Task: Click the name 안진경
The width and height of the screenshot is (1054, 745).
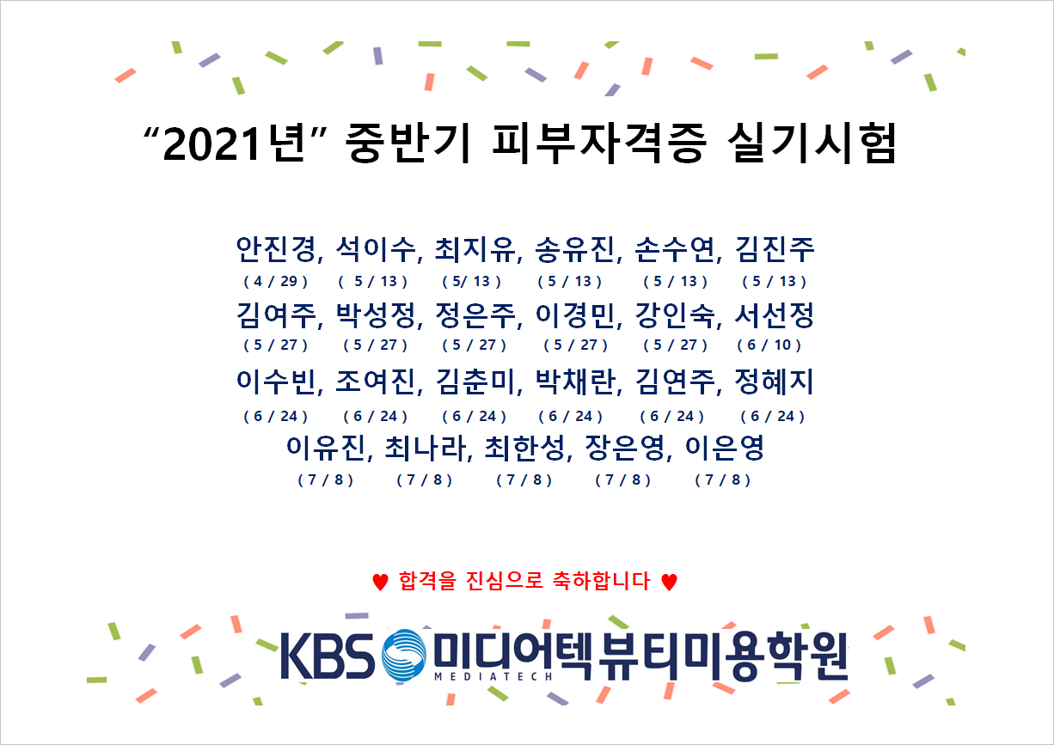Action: pyautogui.click(x=276, y=249)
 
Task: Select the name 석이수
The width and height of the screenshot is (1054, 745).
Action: pyautogui.click(x=376, y=249)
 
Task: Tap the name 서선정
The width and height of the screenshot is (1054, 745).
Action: pyautogui.click(x=774, y=315)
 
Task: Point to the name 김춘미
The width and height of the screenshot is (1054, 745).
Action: pyautogui.click(x=475, y=382)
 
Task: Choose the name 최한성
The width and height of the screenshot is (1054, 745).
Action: pyautogui.click(x=524, y=448)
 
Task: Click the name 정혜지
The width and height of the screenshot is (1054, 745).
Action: pyautogui.click(x=774, y=382)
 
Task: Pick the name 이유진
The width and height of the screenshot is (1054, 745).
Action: pyautogui.click(x=326, y=448)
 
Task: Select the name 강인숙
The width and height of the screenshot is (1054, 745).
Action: pyautogui.click(x=675, y=315)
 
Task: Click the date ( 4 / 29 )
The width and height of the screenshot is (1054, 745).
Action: pyautogui.click(x=276, y=281)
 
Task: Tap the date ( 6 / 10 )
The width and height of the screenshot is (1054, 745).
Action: pyautogui.click(x=769, y=345)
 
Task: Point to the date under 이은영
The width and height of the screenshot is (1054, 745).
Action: pyautogui.click(x=723, y=480)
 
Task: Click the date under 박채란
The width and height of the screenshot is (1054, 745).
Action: pyautogui.click(x=570, y=416)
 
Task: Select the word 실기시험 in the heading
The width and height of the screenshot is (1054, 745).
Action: pyautogui.click(x=812, y=143)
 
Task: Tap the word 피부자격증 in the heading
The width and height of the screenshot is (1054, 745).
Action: pyautogui.click(x=598, y=143)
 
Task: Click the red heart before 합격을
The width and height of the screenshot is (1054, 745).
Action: pyautogui.click(x=380, y=582)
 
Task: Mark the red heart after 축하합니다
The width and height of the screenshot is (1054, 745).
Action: pyautogui.click(x=669, y=582)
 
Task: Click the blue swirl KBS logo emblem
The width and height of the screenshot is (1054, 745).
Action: pyautogui.click(x=404, y=655)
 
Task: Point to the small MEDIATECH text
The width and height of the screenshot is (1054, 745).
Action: pyautogui.click(x=493, y=677)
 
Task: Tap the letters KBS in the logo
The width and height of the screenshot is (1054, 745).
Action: pyautogui.click(x=328, y=656)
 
